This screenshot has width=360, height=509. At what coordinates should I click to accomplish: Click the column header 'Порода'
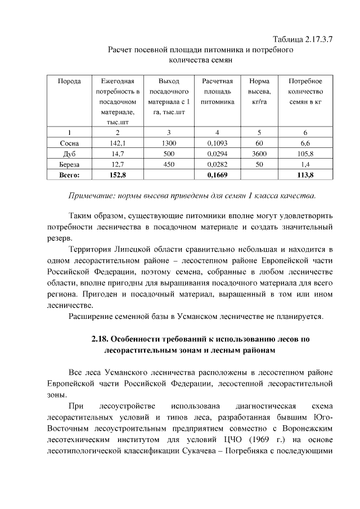[x=69, y=81]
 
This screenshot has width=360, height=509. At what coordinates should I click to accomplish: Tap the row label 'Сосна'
[x=69, y=143]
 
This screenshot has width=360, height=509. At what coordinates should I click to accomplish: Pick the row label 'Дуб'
[x=69, y=154]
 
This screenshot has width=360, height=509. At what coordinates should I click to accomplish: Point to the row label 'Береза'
[x=69, y=164]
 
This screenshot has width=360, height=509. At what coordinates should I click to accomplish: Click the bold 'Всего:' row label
[x=69, y=175]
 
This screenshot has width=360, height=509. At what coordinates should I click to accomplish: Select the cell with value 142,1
[x=117, y=143]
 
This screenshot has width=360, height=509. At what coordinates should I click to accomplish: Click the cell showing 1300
[x=169, y=143]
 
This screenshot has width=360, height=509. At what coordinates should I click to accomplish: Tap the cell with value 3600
[x=259, y=154]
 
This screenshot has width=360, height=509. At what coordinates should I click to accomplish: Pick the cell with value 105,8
[x=305, y=154]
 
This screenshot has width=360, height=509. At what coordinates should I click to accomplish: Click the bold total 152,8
[x=117, y=175]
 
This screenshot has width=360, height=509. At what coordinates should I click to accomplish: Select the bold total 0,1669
[x=217, y=175]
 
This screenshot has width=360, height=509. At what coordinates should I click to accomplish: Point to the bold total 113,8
[x=305, y=175]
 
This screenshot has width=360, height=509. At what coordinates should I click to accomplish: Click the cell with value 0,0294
[x=217, y=154]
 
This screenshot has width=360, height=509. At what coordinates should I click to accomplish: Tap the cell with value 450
[x=169, y=164]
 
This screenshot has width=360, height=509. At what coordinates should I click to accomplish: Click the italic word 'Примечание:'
[x=92, y=196]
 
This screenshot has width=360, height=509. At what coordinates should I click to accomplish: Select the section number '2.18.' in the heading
[x=100, y=340]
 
